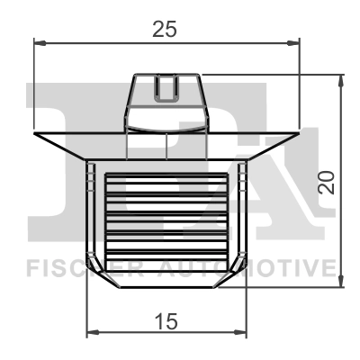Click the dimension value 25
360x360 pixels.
click(x=163, y=29)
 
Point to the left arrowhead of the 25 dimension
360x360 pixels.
click(x=39, y=41)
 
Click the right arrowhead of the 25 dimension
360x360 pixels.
click(x=292, y=41)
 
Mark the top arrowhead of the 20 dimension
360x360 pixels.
click(x=340, y=80)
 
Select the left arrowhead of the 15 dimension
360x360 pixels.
click(x=91, y=334)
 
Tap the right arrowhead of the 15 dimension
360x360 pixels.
click(x=240, y=334)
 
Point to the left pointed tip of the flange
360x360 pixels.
click(x=36, y=136)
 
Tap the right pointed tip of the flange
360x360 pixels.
click(x=295, y=136)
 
